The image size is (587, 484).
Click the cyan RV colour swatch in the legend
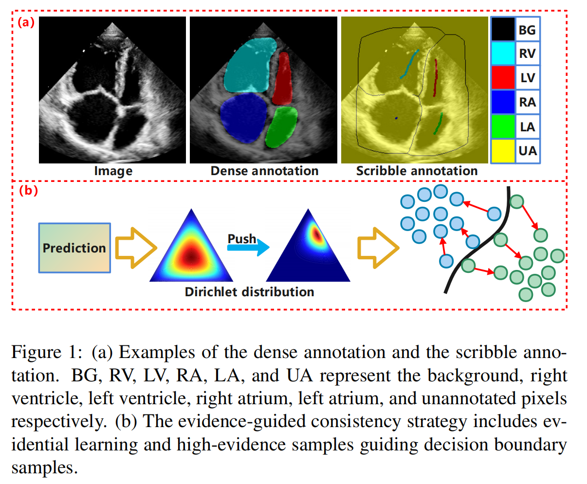503,54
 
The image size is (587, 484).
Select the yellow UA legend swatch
503,151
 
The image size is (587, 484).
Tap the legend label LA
528,127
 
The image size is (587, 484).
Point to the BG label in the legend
527,30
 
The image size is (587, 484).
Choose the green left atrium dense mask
282,127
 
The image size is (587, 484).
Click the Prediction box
74,248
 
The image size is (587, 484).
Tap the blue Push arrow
249,248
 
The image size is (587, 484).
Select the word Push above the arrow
242,239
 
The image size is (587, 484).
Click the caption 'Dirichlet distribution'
249,292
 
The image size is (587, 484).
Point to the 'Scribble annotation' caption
417,171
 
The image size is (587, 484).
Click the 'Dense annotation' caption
264,171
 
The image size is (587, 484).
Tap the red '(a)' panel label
26,22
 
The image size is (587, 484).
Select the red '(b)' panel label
28,191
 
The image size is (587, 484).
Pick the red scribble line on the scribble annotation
436,78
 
